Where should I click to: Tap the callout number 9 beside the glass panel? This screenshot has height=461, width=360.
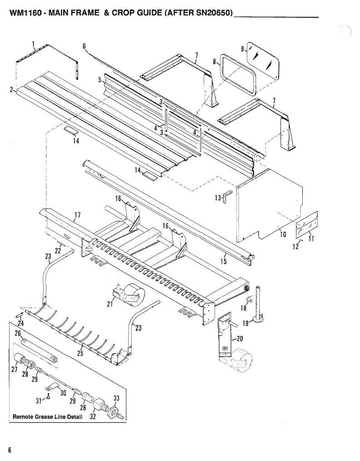[242, 49]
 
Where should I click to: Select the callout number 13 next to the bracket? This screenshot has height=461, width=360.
[218, 198]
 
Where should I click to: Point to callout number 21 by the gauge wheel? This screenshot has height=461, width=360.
[110, 304]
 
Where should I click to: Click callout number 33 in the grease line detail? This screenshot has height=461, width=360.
[116, 398]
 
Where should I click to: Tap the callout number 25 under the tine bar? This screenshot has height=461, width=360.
[80, 353]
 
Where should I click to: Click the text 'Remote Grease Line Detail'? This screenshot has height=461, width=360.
[48, 416]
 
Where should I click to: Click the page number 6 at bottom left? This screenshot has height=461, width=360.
[10, 450]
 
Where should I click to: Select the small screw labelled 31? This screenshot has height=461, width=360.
[49, 397]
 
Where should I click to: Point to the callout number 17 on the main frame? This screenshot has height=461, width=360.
[77, 215]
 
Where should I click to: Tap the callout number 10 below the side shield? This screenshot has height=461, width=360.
[283, 234]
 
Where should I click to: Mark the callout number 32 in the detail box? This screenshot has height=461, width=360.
[93, 416]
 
